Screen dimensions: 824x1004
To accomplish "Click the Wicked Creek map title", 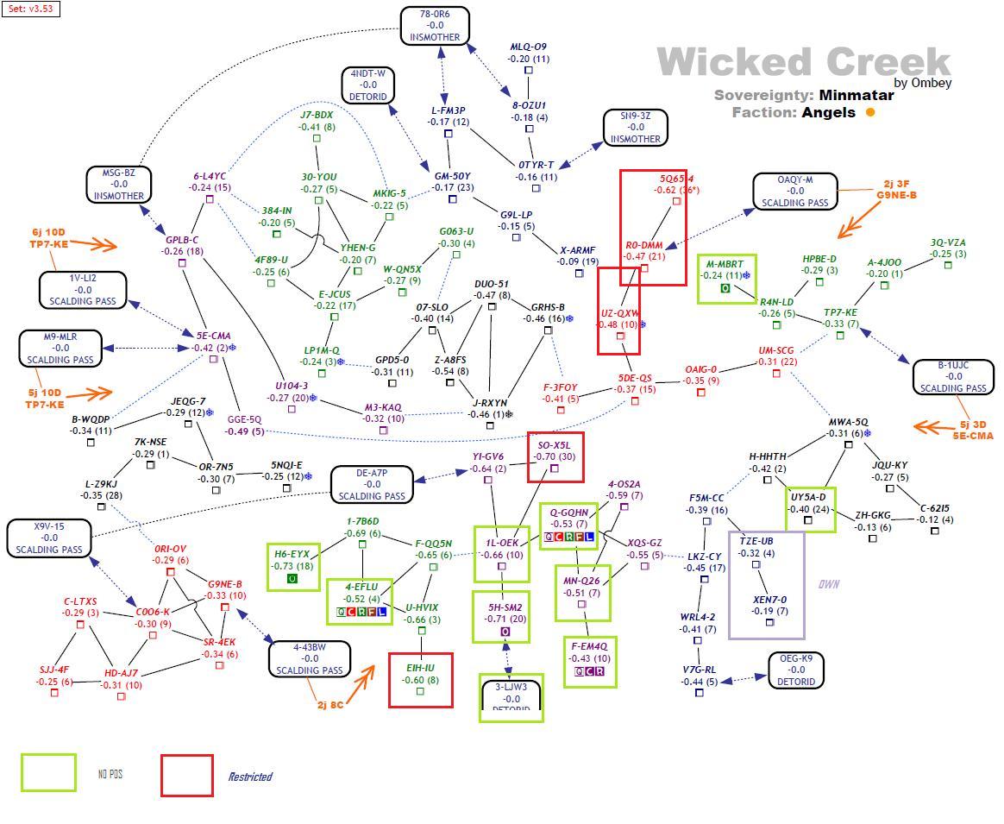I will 803,62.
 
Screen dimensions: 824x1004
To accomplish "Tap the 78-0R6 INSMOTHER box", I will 436,26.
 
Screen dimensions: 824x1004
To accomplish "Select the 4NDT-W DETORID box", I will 368,85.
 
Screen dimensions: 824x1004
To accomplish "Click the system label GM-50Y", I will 451,176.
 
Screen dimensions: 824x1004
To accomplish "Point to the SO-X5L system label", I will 555,445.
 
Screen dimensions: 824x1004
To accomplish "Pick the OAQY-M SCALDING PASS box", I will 794,192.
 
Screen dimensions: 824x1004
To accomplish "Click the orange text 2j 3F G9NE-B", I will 896,189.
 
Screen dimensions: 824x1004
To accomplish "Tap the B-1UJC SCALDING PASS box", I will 953,377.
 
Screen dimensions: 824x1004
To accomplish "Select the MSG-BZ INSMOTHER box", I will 119,184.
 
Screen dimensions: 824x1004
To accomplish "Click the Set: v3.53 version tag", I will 30,9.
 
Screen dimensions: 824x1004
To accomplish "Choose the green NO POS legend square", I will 48,772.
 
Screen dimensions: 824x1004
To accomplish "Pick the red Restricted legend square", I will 186,775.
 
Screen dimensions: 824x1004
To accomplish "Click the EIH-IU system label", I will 420,668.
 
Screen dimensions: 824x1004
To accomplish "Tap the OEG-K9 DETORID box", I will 795,670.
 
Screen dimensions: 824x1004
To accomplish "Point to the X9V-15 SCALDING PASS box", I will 49,538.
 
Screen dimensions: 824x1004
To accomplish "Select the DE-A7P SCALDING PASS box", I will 372,484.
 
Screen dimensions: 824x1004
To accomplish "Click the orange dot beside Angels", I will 870,112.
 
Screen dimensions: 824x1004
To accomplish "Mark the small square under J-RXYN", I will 490,425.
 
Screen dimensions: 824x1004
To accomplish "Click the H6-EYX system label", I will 292,554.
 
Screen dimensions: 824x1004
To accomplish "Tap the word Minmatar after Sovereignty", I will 857,95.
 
